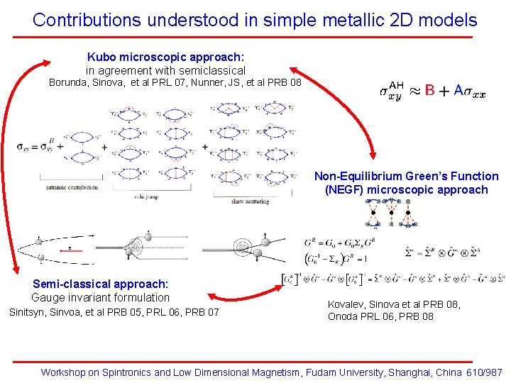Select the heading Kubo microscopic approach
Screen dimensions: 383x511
pos(165,57)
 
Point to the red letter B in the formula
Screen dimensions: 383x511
pos(430,91)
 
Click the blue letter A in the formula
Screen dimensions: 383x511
pos(458,91)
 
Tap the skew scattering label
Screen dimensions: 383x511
pos(251,201)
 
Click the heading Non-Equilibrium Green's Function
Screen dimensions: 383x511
pos(406,176)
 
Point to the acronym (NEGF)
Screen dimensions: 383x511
pos(346,189)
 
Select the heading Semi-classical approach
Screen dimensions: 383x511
pos(100,284)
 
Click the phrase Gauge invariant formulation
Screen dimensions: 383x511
pos(100,297)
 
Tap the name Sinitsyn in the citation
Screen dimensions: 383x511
pos(28,312)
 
